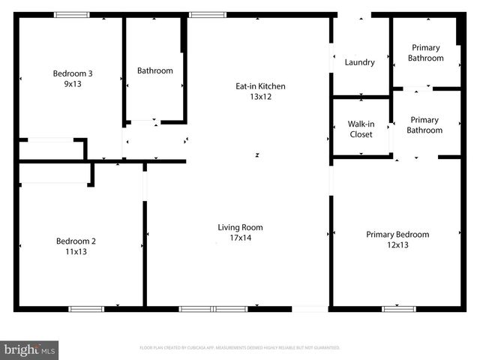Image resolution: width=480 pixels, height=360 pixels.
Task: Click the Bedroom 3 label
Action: [72, 73]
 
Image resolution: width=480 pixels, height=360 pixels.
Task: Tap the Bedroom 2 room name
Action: [75, 241]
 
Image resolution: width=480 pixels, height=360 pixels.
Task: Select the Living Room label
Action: [240, 227]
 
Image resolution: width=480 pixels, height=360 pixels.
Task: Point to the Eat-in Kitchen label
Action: [260, 86]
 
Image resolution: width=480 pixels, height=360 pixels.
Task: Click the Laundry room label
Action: [359, 62]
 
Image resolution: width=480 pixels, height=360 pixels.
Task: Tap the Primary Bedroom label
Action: [397, 235]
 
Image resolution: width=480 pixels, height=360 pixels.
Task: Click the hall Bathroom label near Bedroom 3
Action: [154, 71]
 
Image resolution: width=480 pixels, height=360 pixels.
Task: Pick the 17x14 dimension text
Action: [240, 239]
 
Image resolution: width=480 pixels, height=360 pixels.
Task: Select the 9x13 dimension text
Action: [72, 85]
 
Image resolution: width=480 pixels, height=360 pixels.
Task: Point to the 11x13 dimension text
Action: [75, 253]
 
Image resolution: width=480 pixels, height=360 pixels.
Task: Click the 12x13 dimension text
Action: [397, 246]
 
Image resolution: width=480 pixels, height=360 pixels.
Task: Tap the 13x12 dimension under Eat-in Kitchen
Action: [260, 97]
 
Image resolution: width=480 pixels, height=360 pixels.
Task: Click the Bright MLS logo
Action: [30, 349]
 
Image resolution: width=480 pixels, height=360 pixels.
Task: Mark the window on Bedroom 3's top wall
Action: [72, 14]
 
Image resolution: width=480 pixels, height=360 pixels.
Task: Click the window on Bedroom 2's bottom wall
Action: [86, 308]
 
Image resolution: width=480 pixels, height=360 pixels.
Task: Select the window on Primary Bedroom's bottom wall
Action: [399, 308]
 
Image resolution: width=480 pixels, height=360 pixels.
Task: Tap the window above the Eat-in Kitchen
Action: [207, 14]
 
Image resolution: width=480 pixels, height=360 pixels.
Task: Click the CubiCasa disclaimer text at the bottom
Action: [240, 348]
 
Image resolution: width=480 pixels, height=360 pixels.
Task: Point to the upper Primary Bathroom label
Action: [424, 52]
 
